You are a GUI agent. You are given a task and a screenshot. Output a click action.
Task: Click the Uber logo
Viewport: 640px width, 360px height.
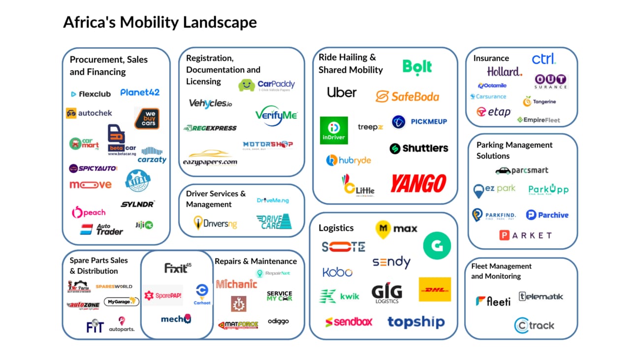point(342,92)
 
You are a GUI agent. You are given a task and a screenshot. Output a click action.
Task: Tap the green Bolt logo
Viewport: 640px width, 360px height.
point(417,67)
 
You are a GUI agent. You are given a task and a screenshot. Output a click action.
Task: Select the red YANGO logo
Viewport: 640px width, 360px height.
point(418,184)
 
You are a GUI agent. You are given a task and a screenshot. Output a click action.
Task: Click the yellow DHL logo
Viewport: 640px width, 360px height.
point(435,289)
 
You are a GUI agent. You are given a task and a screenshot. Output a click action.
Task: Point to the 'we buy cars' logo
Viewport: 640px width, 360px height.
point(147,118)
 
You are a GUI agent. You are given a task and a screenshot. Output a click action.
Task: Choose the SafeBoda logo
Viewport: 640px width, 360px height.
point(407,96)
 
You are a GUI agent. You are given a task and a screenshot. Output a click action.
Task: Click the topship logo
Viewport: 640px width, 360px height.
point(416,322)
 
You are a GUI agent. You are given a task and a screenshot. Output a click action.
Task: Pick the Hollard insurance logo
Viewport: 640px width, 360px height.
point(504,72)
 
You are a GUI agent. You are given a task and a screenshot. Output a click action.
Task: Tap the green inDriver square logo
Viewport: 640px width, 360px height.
point(334,131)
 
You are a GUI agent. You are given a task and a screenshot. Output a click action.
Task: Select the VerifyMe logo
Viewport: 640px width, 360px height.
point(276,115)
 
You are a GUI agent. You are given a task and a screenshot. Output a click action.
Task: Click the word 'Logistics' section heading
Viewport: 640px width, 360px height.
point(336,228)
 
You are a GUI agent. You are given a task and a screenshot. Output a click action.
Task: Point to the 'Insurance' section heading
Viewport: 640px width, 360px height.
point(491,58)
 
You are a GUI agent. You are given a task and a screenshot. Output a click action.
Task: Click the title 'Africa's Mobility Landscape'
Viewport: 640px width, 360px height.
point(160,23)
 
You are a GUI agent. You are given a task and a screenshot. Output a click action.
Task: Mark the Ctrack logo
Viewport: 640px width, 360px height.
point(534,326)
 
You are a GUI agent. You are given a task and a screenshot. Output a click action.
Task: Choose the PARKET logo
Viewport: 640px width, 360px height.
point(525,235)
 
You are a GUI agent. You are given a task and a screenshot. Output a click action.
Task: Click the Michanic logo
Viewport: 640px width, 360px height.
point(236,284)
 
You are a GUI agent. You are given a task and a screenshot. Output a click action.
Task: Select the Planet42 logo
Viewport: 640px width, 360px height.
point(140,92)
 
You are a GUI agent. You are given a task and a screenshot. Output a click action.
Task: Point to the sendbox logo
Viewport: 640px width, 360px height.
point(349,322)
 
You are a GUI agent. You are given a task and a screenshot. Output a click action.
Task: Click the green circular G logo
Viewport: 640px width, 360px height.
point(437,245)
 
